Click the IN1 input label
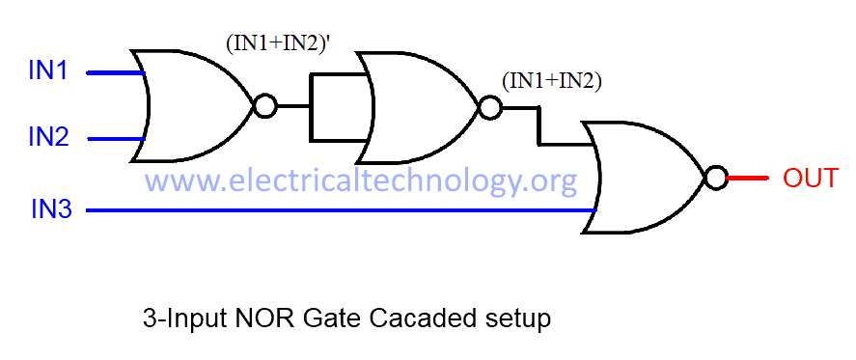[47, 71]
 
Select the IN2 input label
[47, 138]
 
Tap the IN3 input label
[50, 208]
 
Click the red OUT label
[810, 179]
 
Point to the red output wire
[748, 179]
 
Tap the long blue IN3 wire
[338, 209]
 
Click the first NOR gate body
[193, 105]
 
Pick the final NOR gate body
[647, 178]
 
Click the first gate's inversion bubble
[263, 105]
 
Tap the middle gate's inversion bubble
[489, 107]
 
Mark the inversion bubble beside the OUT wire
[715, 179]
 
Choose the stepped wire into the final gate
[539, 126]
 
